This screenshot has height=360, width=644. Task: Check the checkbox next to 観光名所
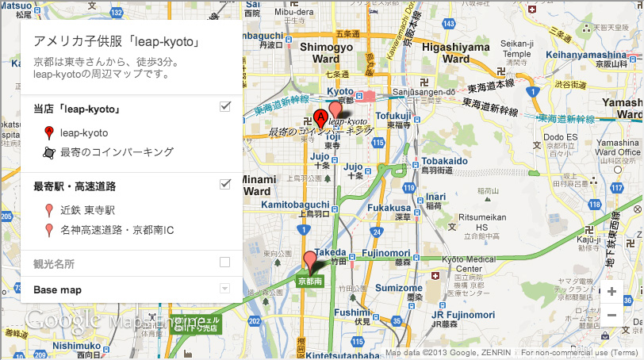224,262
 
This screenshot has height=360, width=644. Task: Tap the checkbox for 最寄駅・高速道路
224,185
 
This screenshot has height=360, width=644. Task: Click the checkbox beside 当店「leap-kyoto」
224,107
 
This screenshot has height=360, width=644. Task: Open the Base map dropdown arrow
224,289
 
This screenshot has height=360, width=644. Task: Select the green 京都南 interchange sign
309,281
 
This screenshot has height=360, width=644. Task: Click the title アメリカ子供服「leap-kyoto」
116,42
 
